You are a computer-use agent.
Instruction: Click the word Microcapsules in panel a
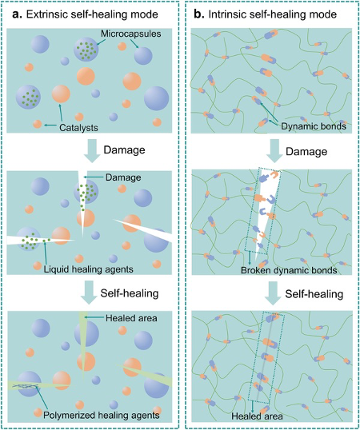(x=131, y=34)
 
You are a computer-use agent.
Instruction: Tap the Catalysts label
(x=78, y=128)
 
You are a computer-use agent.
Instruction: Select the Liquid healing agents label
(x=89, y=269)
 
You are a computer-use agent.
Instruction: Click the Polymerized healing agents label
(x=102, y=415)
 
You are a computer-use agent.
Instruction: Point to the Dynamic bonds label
(x=314, y=126)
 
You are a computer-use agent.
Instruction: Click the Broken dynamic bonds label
(x=289, y=270)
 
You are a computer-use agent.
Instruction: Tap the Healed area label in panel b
(x=257, y=416)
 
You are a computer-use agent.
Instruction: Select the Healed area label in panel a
(x=131, y=318)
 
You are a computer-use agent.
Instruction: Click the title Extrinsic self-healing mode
(x=92, y=14)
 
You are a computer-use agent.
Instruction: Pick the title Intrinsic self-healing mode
(x=273, y=14)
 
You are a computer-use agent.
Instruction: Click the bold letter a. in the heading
(x=18, y=14)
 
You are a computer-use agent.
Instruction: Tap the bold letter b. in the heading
(x=199, y=14)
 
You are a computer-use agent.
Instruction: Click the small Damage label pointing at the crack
(x=123, y=177)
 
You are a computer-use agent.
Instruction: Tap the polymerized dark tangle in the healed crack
(x=26, y=386)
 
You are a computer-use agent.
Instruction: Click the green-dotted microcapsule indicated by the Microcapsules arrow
(x=86, y=50)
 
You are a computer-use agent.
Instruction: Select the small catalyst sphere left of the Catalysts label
(x=37, y=124)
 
